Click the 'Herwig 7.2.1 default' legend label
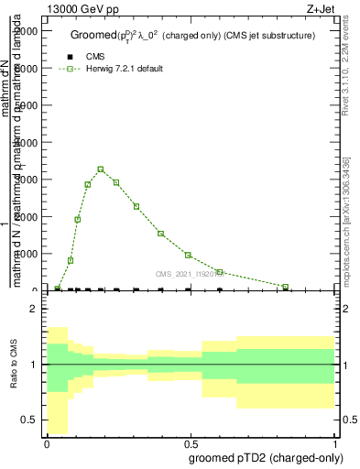(126, 70)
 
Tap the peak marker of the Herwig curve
(101, 169)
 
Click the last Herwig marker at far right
(286, 287)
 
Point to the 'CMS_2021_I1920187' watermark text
(190, 273)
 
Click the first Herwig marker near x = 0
(57, 288)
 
